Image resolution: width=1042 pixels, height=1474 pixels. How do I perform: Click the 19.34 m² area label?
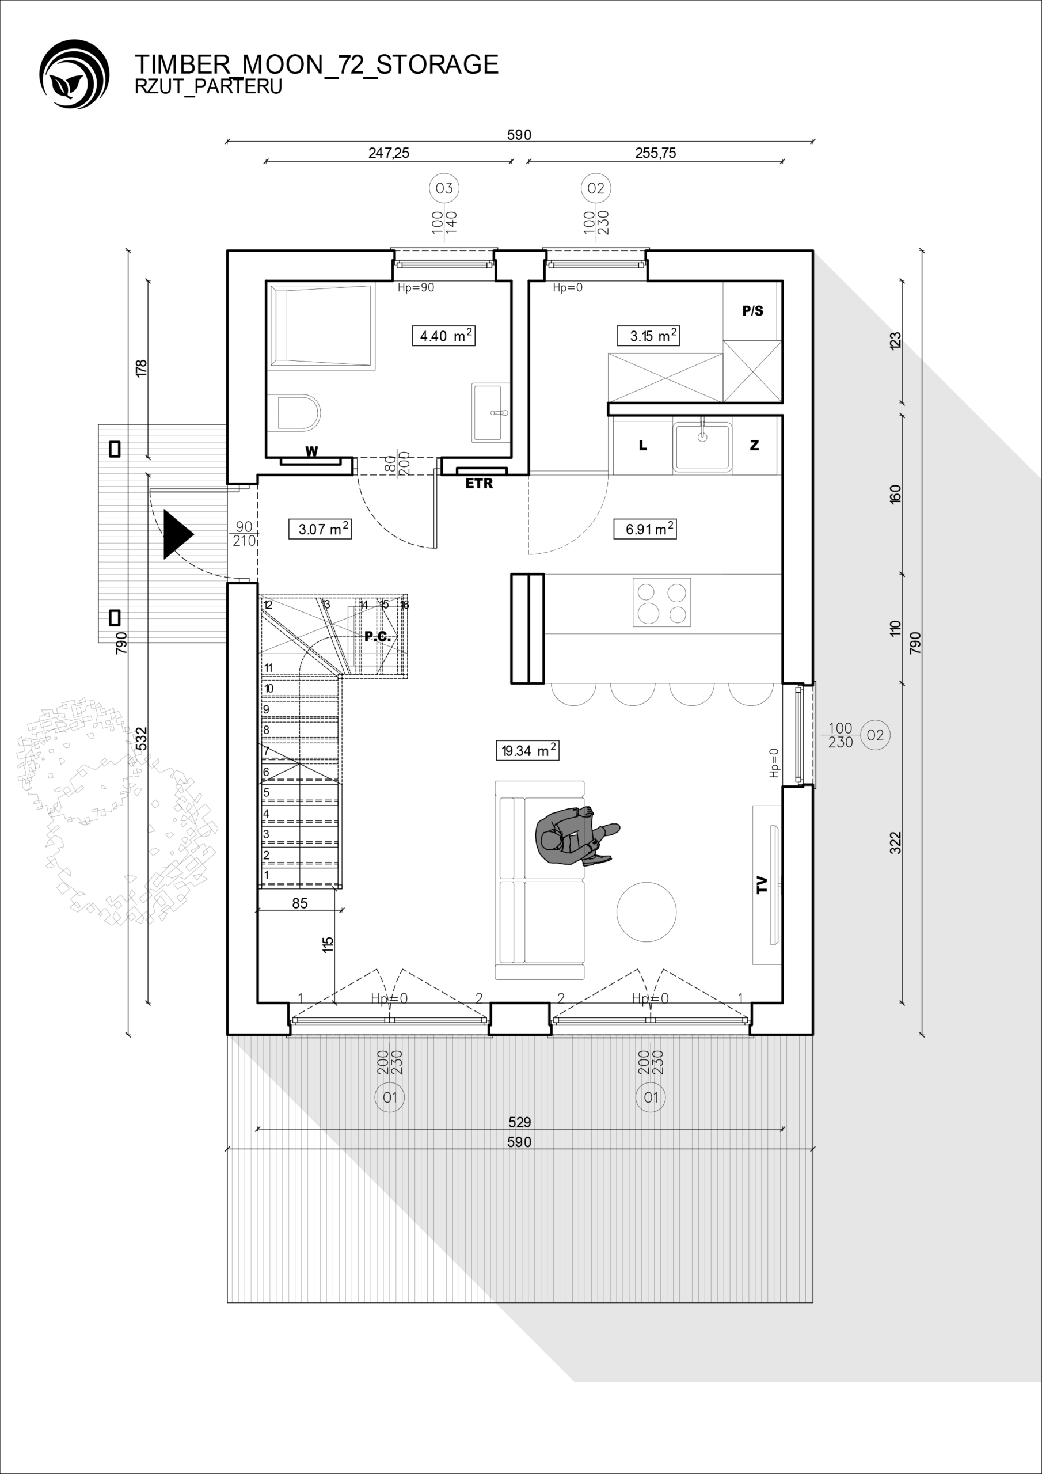tap(527, 750)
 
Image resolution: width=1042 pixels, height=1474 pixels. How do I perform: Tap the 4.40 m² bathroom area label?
tap(444, 336)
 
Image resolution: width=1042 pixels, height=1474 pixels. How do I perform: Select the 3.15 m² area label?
tap(648, 336)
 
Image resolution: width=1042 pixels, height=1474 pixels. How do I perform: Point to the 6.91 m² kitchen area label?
tap(645, 529)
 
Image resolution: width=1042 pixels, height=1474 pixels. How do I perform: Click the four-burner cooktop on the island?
tap(661, 602)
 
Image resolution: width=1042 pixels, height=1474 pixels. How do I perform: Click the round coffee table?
tap(646, 911)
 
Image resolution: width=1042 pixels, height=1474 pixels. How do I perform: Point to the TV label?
tap(762, 884)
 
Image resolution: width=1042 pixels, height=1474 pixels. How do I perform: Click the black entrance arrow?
tap(178, 534)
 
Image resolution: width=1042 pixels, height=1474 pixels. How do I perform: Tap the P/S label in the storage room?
tap(752, 311)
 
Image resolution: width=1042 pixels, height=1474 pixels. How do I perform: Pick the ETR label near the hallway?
tap(479, 484)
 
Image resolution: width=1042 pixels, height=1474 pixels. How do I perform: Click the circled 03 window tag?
tap(444, 188)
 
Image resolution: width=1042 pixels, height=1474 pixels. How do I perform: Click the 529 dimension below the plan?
tap(519, 1122)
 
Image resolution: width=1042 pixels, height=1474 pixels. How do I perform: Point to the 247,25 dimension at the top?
tap(389, 153)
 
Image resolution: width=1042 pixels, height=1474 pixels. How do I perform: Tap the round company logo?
tap(74, 74)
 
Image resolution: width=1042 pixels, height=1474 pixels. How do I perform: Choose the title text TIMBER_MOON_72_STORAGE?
tap(317, 64)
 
